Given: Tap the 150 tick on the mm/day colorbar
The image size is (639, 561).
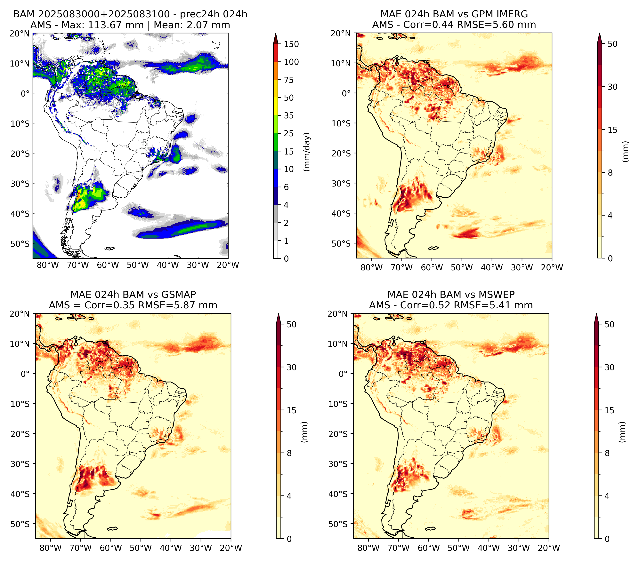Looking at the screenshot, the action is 291,44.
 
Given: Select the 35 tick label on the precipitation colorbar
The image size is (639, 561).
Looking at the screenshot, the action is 288,115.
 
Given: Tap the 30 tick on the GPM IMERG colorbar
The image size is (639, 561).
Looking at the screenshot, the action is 613,87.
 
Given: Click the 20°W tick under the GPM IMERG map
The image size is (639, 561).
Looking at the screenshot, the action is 552,268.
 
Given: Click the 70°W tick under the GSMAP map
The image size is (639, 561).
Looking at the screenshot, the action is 81,548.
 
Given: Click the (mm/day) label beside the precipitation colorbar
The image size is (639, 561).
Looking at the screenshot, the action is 307,152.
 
